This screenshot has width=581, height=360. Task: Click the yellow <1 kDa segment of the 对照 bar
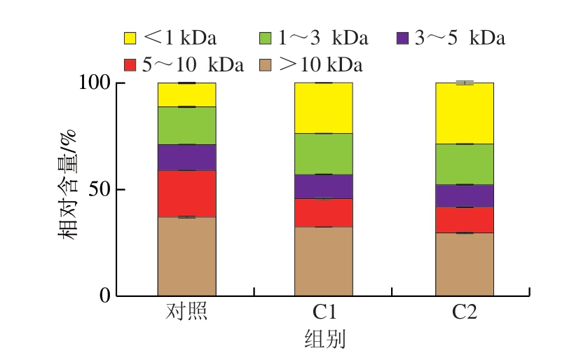pyautogui.click(x=186, y=95)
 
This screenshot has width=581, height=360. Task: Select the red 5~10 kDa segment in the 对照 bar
pyautogui.click(x=186, y=193)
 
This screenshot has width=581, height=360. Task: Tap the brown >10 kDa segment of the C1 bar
pyautogui.click(x=323, y=261)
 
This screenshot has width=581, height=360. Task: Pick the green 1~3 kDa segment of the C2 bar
pyautogui.click(x=464, y=164)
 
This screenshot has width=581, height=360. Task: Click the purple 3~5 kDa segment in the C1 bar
pyautogui.click(x=323, y=186)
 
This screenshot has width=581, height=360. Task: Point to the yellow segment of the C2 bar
pyautogui.click(x=464, y=113)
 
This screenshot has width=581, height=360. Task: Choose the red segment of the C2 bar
pyautogui.click(x=464, y=219)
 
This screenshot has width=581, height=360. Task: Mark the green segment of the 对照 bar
pyautogui.click(x=186, y=125)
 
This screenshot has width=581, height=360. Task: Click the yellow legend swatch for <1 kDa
pyautogui.click(x=130, y=38)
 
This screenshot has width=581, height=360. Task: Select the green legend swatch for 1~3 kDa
pyautogui.click(x=266, y=38)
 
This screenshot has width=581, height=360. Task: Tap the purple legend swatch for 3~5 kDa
pyautogui.click(x=403, y=38)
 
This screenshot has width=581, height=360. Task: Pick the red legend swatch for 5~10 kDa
pyautogui.click(x=130, y=66)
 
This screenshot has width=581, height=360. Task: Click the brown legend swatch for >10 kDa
pyautogui.click(x=266, y=66)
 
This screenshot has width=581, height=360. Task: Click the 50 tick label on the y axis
pyautogui.click(x=101, y=190)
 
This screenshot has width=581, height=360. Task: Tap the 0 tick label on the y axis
pyautogui.click(x=105, y=296)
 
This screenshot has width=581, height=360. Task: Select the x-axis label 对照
pyautogui.click(x=186, y=312)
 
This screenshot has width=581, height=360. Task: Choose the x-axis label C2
pyautogui.click(x=464, y=312)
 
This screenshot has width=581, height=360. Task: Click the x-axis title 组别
pyautogui.click(x=324, y=340)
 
